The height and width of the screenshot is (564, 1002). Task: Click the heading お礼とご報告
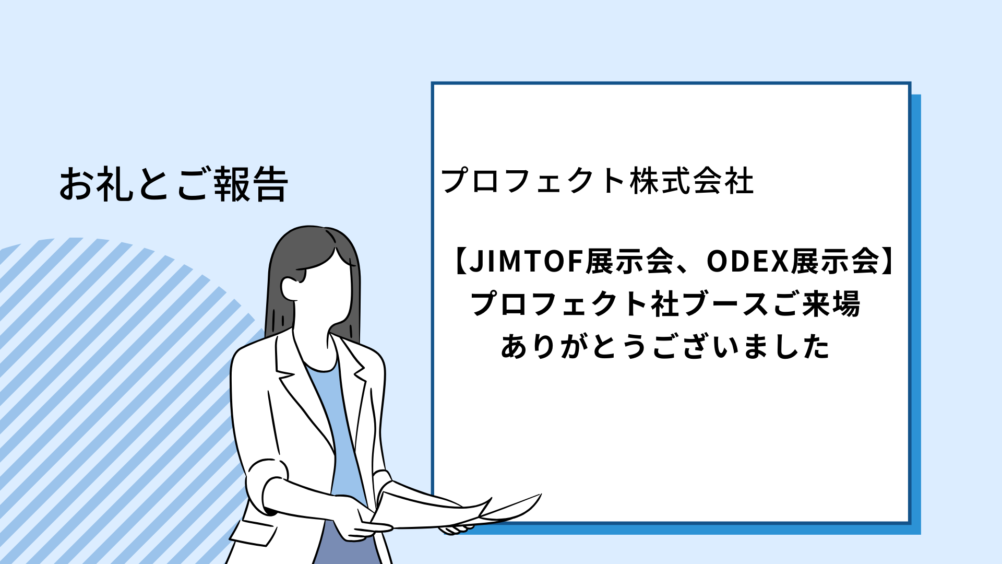click(173, 184)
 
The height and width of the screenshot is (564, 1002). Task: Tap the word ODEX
click(747, 261)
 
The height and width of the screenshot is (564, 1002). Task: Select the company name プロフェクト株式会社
click(598, 181)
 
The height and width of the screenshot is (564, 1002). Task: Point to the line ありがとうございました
click(665, 346)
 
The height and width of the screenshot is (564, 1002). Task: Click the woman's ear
click(289, 288)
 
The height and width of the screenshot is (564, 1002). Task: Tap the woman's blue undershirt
click(337, 428)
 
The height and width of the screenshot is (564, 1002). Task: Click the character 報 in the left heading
click(232, 184)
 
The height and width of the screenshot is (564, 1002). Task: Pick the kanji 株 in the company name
click(645, 181)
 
